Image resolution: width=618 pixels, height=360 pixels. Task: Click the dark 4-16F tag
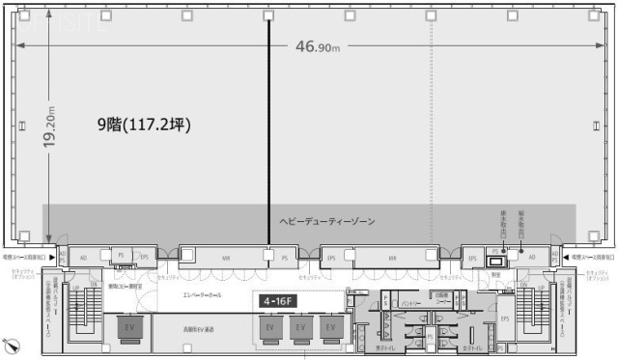[278, 300]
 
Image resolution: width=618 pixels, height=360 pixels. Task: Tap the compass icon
[11, 343]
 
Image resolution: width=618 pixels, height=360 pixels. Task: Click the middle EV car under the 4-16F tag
[300, 329]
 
